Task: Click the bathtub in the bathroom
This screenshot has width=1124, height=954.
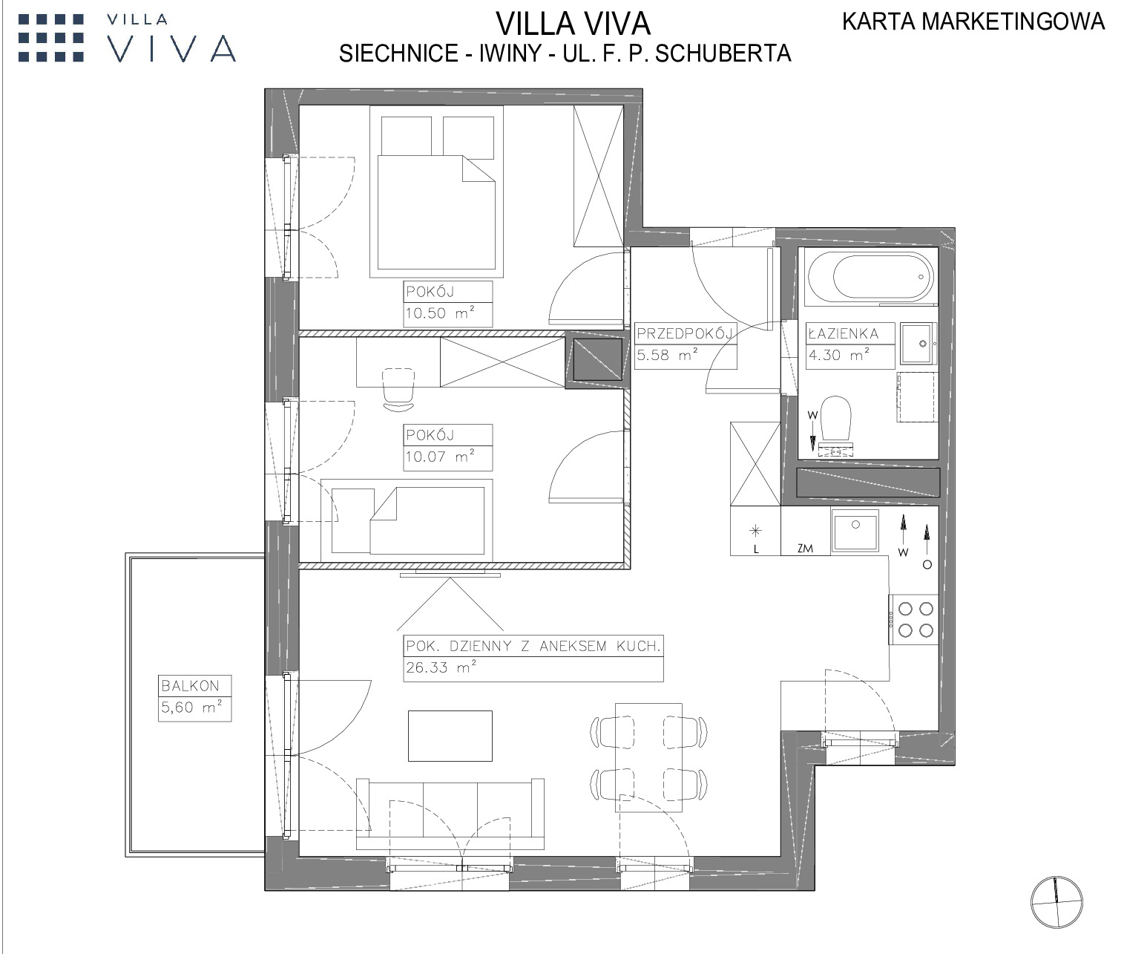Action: pyautogui.click(x=872, y=276)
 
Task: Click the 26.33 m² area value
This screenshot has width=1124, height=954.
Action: pyautogui.click(x=441, y=667)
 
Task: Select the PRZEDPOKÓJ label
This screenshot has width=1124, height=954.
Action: pyautogui.click(x=686, y=333)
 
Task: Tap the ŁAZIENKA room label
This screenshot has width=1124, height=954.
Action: pyautogui.click(x=844, y=333)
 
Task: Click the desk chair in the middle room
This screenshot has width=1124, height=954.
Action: pyautogui.click(x=398, y=389)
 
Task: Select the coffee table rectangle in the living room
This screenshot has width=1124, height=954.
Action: pyautogui.click(x=450, y=736)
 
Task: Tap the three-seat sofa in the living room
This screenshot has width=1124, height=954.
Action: pyautogui.click(x=450, y=814)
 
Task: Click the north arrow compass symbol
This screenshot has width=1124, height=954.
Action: pyautogui.click(x=1056, y=902)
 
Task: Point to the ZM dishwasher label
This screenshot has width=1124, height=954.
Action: pyautogui.click(x=805, y=549)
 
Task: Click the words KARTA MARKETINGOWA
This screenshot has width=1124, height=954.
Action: pyautogui.click(x=973, y=22)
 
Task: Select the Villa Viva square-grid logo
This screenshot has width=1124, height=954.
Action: pyautogui.click(x=51, y=38)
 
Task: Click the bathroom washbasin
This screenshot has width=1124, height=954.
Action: pyautogui.click(x=919, y=344)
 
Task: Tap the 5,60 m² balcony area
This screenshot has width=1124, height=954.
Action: pyautogui.click(x=191, y=707)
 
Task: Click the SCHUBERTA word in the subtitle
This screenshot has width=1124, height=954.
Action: pyautogui.click(x=723, y=53)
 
